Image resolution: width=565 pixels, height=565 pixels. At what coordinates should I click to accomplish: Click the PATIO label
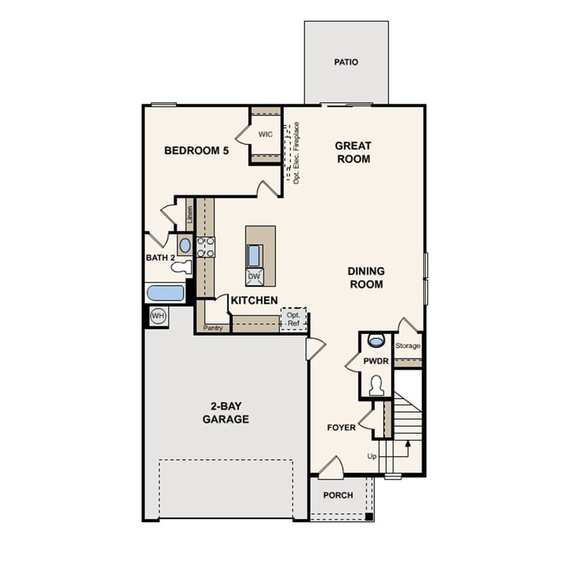(x=346, y=62)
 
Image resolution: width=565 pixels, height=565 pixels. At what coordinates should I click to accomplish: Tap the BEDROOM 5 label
(x=196, y=150)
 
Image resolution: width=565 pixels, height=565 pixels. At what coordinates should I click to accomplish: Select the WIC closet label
(x=266, y=134)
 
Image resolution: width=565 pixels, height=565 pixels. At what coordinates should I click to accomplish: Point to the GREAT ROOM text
(x=353, y=153)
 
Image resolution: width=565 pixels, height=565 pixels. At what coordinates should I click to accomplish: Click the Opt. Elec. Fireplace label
(x=297, y=153)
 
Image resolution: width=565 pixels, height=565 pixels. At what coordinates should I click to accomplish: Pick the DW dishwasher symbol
(x=254, y=276)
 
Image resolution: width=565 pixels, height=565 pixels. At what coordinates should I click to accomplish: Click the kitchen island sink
(x=254, y=254)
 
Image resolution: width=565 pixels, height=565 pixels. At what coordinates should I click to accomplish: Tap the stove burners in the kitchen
(x=206, y=246)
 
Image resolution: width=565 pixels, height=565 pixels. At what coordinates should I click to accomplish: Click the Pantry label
(x=213, y=328)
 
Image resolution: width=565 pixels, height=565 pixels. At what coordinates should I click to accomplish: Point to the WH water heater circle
(x=157, y=316)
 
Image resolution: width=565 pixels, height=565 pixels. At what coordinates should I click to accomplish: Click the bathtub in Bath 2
(x=165, y=293)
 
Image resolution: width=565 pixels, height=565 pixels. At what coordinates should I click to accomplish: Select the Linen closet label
(x=190, y=214)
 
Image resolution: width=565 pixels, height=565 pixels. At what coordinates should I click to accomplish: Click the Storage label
(x=408, y=346)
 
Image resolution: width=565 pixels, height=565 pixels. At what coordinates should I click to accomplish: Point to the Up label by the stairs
(x=372, y=456)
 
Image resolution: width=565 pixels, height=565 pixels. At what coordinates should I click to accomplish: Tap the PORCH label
(x=338, y=495)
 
